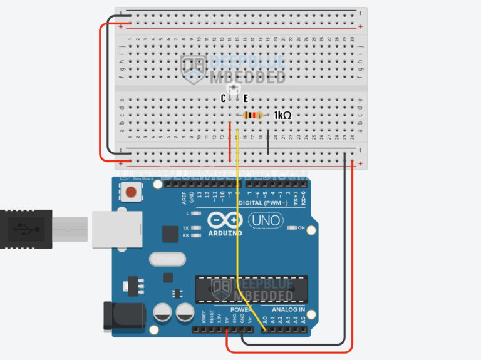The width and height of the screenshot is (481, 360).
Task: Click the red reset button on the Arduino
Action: tap(132, 192)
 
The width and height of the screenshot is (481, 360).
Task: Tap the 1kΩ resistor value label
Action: tap(282, 116)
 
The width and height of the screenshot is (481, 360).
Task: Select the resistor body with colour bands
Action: tap(253, 116)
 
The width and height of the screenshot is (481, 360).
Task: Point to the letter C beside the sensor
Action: tap(224, 98)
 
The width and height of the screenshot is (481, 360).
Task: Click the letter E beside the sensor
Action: tap(246, 98)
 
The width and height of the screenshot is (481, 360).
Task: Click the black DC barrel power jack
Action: tap(123, 316)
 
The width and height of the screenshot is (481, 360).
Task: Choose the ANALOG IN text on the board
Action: tap(288, 310)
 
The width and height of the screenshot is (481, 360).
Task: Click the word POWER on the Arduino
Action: tap(241, 310)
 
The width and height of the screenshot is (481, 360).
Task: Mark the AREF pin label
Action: tap(184, 198)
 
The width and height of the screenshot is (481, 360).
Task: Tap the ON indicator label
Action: tap(301, 227)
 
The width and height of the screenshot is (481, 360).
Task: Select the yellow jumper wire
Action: tap(238, 207)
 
